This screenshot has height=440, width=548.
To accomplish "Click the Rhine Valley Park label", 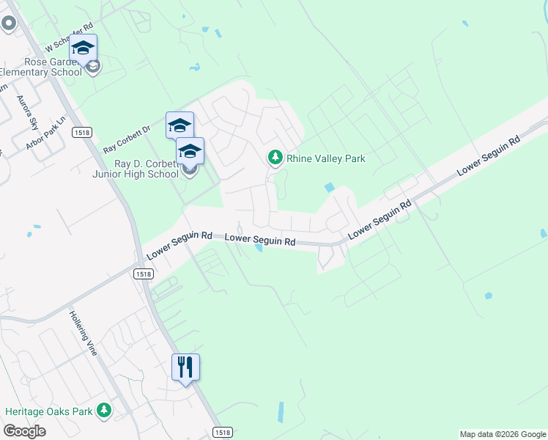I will [x=325, y=158].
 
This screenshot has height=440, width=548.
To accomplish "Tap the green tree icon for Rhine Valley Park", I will [x=275, y=157].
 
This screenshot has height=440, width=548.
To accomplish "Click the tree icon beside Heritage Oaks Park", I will [x=104, y=411].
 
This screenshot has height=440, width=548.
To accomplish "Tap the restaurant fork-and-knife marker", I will [x=185, y=366].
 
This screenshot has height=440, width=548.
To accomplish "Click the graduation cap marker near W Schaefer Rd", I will [x=83, y=48].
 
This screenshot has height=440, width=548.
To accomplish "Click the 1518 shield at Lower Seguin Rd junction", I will [x=143, y=274].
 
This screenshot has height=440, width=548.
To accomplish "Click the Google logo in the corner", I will [x=24, y=431].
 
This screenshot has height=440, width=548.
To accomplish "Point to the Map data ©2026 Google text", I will [x=503, y=434].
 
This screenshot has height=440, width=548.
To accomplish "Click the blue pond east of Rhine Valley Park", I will [x=329, y=188].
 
